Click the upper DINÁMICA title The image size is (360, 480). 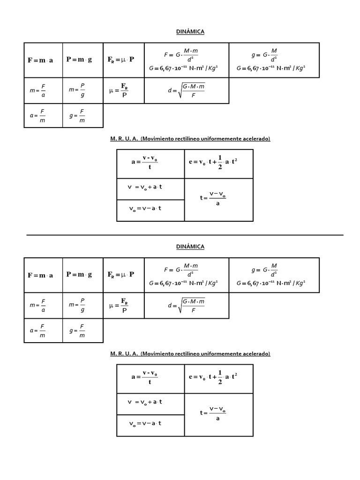point(190,31)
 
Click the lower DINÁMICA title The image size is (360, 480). point(190,246)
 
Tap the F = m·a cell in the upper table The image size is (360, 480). point(43,60)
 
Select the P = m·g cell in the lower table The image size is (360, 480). point(82,275)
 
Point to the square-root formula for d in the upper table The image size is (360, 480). point(187,91)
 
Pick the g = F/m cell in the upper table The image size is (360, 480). point(82,115)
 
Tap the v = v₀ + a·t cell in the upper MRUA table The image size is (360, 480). point(150,187)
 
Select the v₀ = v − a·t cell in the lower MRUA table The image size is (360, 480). point(150,423)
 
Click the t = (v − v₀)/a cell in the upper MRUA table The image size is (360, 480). point(218,198)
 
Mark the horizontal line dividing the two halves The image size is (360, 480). point(185,235)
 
